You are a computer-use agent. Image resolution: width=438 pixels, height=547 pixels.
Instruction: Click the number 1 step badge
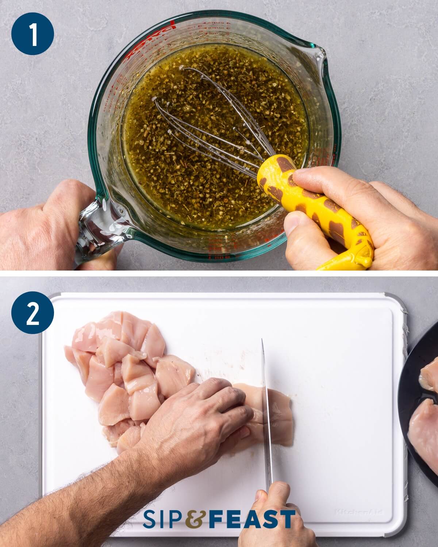tap(33, 34)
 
